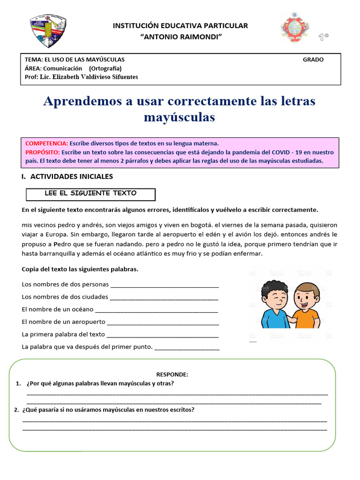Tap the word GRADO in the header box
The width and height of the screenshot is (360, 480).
[313, 60]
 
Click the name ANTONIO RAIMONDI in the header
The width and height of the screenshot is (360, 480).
[180, 37]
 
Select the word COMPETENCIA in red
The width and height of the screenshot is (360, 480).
[46, 143]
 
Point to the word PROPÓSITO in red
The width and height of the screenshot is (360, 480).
[42, 152]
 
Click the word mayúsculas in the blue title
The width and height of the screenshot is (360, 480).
[180, 117]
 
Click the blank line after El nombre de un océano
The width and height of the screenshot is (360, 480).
[157, 310]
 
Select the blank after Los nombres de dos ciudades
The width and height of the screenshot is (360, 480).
[164, 297]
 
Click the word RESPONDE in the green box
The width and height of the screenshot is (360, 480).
[172, 375]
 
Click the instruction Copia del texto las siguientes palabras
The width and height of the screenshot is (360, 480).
[80, 269]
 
